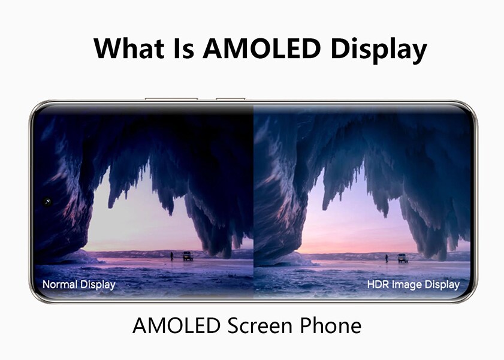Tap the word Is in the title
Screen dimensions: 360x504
point(182,48)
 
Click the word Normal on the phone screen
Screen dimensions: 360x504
point(60,284)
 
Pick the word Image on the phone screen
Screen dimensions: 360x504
point(407,285)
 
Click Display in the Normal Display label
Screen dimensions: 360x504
point(97,285)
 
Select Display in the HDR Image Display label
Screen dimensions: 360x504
point(442,285)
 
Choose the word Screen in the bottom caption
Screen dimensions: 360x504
point(265,326)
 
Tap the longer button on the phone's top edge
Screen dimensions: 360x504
point(171,98)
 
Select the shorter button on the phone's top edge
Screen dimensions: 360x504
point(230,98)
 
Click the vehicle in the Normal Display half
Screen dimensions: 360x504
point(188,256)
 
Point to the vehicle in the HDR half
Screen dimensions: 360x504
point(402,258)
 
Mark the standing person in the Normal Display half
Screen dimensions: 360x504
point(171,256)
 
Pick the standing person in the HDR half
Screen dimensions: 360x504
point(387,258)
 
